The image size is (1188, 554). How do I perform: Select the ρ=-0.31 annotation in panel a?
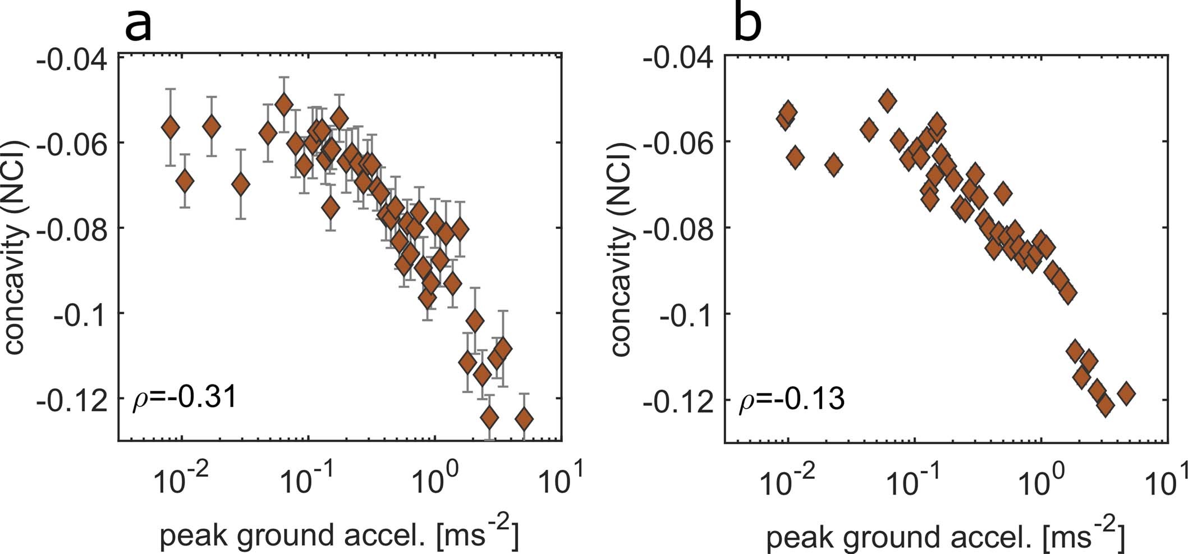[x=184, y=399]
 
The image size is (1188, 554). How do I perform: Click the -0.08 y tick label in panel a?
[x=72, y=228]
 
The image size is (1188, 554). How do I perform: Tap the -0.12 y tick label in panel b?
[x=680, y=401]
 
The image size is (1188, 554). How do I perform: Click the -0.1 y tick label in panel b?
[x=688, y=314]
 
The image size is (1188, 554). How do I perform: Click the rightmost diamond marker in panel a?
[x=524, y=419]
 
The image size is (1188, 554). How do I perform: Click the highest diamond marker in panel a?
[x=284, y=104]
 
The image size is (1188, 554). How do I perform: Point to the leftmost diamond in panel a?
[x=171, y=128]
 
